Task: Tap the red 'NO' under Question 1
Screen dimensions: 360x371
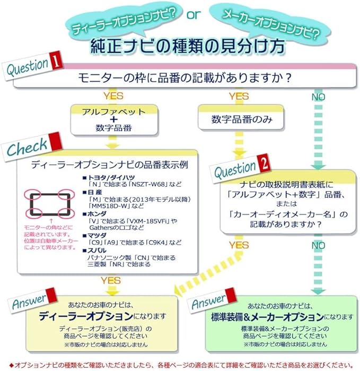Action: pyautogui.click(x=319, y=97)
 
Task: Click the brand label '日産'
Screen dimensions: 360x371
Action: pyautogui.click(x=95, y=192)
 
